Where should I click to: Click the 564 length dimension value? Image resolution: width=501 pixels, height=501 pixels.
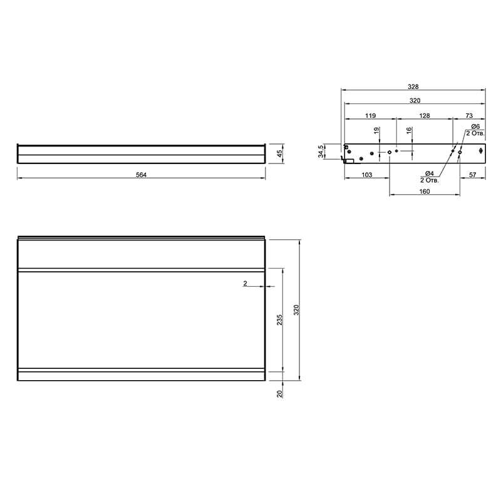pyautogui.click(x=142, y=175)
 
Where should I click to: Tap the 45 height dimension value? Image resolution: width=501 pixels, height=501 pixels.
pyautogui.click(x=279, y=153)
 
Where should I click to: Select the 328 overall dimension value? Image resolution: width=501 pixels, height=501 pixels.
pyautogui.click(x=413, y=86)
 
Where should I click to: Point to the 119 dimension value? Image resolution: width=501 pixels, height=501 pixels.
pyautogui.click(x=371, y=116)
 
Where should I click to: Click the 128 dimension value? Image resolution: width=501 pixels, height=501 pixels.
pyautogui.click(x=425, y=116)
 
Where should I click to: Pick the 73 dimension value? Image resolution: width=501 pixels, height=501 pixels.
pyautogui.click(x=469, y=116)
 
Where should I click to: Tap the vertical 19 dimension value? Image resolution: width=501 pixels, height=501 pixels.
pyautogui.click(x=377, y=130)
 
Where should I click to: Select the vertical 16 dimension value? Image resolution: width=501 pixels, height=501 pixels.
pyautogui.click(x=410, y=130)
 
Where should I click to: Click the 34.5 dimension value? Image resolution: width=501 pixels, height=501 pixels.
pyautogui.click(x=321, y=152)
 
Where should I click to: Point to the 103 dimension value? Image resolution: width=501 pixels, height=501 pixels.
pyautogui.click(x=367, y=175)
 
